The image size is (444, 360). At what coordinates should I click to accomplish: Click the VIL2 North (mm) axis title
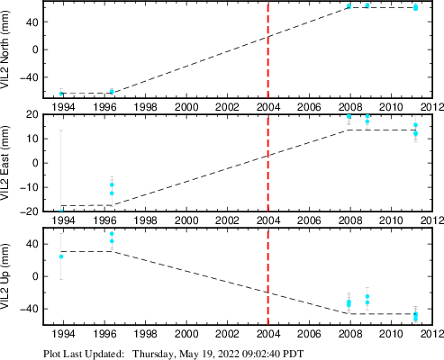tap(5, 49)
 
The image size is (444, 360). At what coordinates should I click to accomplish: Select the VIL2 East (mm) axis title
tap(5, 163)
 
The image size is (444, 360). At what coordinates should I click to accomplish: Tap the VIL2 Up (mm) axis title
tap(5, 276)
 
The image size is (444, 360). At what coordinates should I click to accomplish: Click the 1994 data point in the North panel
tap(61, 94)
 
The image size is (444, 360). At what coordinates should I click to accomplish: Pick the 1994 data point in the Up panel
tap(61, 256)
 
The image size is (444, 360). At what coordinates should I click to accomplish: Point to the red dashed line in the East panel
tap(268, 163)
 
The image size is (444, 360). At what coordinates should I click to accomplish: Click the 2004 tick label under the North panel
tap(268, 107)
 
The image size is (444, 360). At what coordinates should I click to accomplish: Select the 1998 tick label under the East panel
tap(145, 220)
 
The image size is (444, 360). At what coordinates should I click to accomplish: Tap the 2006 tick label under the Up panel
tap(309, 334)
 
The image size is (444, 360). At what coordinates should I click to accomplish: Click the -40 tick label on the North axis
tap(30, 77)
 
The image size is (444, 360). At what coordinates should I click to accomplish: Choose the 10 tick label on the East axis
tap(33, 139)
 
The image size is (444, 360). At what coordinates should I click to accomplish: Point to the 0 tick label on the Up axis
tap(36, 276)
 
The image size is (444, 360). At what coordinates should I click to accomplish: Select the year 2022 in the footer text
tap(229, 354)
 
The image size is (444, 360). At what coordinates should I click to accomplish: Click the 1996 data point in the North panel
tap(112, 92)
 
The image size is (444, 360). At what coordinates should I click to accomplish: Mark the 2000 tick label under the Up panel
tap(186, 334)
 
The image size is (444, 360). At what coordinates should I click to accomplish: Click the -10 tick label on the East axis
tap(30, 187)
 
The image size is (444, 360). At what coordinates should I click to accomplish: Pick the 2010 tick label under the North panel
tap(391, 107)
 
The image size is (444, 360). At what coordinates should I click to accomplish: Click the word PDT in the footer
tap(294, 354)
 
